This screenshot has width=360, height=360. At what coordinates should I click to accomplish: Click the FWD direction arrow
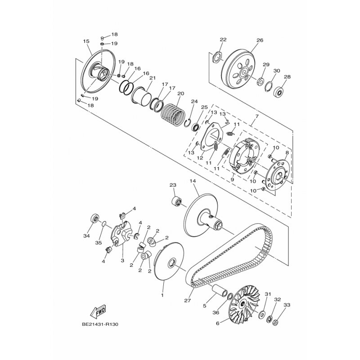point(98,311)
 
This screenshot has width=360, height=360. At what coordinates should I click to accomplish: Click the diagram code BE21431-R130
point(100,324)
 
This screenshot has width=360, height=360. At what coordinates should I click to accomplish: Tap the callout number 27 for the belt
point(187,301)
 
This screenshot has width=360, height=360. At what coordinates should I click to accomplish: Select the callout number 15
point(86,41)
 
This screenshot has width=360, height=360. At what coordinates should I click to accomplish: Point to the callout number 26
point(260,40)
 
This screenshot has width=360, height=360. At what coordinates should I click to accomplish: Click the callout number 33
point(287,305)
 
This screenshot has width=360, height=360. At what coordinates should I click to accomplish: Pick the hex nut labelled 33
point(276,323)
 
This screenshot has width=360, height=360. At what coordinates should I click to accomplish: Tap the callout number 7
point(256,117)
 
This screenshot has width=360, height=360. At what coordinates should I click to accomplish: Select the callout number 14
point(193,181)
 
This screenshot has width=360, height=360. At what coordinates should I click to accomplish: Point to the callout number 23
point(173,185)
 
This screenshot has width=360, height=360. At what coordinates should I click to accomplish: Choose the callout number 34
point(86,236)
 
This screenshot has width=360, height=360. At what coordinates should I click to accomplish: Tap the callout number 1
point(162,295)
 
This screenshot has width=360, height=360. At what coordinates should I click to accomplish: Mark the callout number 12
point(200,158)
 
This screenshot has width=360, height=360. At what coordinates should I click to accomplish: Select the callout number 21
point(153,78)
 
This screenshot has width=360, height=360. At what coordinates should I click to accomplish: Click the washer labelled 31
point(261,315)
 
